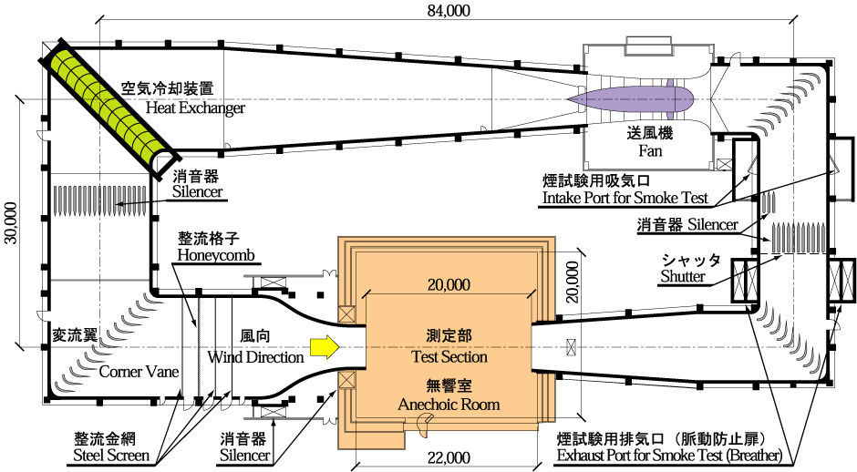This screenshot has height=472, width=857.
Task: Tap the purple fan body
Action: tap(629, 95)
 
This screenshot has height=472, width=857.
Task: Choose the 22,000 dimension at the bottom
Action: tap(446, 457)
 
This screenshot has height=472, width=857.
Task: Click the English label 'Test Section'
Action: tap(449, 357)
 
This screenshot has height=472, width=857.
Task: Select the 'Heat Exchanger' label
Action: tap(195, 108)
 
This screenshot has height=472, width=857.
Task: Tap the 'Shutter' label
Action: tap(684, 276)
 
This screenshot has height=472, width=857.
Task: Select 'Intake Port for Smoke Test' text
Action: tap(625, 197)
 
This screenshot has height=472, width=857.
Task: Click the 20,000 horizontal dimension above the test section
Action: tap(446, 285)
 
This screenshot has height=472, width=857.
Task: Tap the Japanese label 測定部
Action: tap(449, 334)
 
